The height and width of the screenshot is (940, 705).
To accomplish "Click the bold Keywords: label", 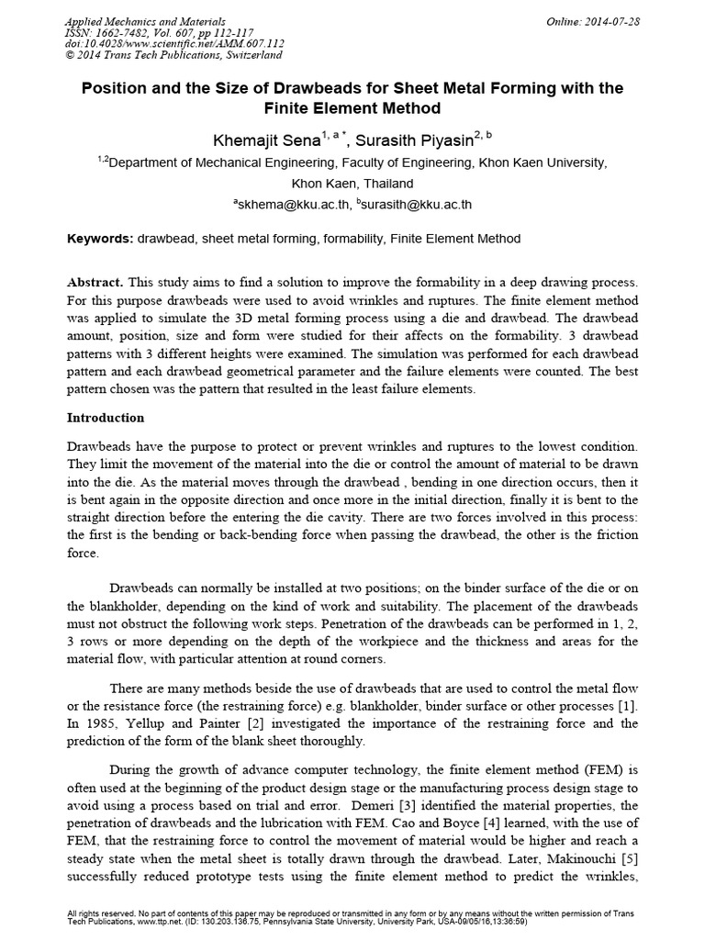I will pyautogui.click(x=101, y=239).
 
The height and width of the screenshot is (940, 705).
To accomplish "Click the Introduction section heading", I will pyautogui.click(x=106, y=418).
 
